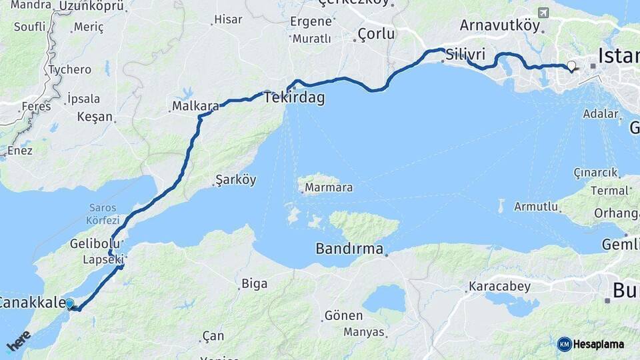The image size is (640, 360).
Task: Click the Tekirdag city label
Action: coord(294,98)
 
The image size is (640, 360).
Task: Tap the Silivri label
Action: coord(465,54)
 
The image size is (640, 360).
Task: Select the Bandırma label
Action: coord(350,250)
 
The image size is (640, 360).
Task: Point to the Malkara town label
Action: coord(195,105)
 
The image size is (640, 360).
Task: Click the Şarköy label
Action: coord(236,180)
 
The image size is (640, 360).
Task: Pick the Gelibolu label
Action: coord(94,244)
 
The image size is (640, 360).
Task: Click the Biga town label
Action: coord(254,284)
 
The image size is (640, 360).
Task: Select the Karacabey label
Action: coord(500,287)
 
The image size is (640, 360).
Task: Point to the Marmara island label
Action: coord(329,187)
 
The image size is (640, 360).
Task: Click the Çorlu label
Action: coord(376,33)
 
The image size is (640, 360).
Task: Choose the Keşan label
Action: coord(95,117)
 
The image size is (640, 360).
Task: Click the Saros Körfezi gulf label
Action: coord(103,214)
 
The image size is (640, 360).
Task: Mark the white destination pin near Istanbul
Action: coord(571,65)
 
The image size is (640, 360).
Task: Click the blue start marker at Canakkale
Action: coord(69,304)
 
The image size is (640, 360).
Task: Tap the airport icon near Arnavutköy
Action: coord(543,13)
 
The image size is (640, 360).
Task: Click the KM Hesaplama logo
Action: coord(591,344)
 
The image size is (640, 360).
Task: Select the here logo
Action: coord(19,341)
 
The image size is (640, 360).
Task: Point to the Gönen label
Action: coord(343,315)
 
